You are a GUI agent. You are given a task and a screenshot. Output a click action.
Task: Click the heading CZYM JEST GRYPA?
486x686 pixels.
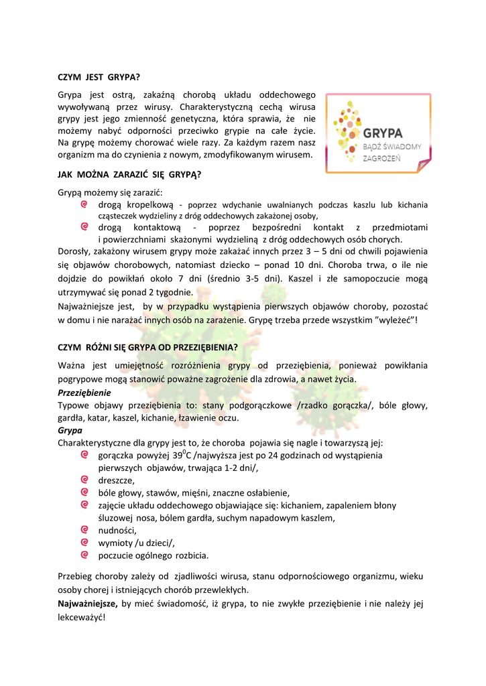(99, 76)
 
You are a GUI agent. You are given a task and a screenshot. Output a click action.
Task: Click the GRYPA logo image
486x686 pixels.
(378, 133)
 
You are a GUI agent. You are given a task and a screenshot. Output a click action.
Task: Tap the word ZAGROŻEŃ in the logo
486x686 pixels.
(381, 158)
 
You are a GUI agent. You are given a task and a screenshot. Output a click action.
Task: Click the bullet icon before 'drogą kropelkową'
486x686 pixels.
(84, 204)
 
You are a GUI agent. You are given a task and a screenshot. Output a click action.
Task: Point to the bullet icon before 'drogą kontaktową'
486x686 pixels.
(84, 227)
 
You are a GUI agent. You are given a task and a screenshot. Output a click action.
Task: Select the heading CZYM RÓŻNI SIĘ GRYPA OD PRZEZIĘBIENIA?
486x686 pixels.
(147, 347)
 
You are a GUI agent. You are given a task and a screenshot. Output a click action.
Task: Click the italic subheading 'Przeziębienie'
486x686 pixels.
(84, 393)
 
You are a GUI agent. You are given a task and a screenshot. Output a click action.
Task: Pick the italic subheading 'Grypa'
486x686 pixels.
(70, 430)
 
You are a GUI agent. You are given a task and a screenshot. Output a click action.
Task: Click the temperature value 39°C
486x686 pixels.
(180, 455)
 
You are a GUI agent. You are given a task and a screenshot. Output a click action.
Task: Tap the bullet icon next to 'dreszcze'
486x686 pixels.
(84, 480)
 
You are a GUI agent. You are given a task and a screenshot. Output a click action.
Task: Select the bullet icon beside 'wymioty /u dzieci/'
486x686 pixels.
(84, 542)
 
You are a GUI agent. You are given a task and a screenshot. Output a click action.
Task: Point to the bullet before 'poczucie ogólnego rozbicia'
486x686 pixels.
(84, 555)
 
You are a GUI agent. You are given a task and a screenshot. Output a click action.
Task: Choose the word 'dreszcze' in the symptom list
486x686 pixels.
(116, 480)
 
